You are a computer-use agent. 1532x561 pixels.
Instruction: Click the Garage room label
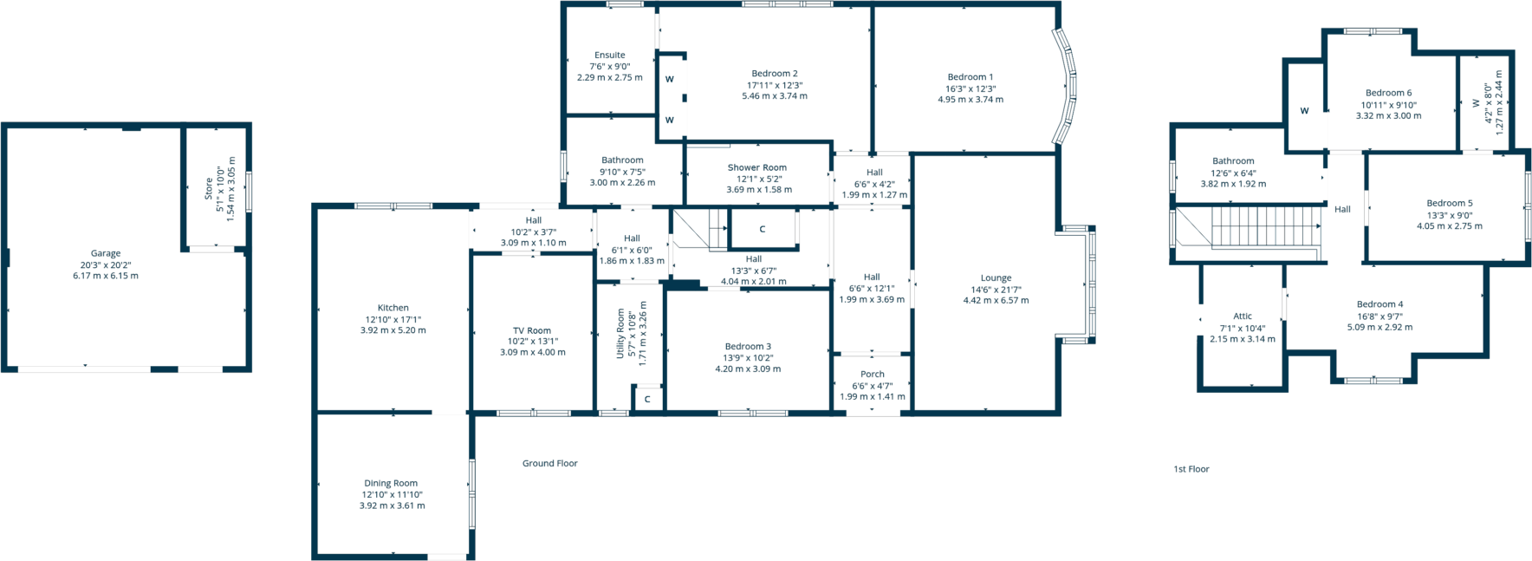coord(106,253)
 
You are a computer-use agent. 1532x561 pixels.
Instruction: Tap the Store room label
coord(209,189)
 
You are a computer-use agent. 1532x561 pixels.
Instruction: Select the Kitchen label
coord(393,308)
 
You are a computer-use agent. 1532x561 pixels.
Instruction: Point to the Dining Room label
coord(391,483)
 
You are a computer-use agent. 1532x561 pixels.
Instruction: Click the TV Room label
coord(532,330)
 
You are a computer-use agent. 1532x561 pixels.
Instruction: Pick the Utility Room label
coord(620,333)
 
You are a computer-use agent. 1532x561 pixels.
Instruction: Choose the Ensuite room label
coord(610,55)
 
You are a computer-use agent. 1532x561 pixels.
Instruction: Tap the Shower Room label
coord(757,167)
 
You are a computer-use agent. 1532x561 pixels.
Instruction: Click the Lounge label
coord(996,278)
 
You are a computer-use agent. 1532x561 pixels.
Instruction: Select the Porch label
coord(873,375)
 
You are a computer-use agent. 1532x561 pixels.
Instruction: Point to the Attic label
coord(1243,316)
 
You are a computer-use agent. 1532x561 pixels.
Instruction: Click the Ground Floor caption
coord(549,463)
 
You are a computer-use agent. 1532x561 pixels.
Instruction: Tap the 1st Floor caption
coord(1191,469)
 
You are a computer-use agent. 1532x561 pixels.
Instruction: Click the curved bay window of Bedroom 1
coord(1068,87)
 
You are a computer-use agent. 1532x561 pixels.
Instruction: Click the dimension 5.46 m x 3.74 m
coord(775,96)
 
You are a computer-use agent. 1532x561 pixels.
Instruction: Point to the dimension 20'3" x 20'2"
coord(106,265)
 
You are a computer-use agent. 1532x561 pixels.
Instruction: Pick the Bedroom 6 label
coord(1388,93)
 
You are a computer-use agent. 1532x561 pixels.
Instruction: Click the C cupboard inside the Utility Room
coord(647,400)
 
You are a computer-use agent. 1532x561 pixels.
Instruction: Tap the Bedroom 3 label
coord(748,346)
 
